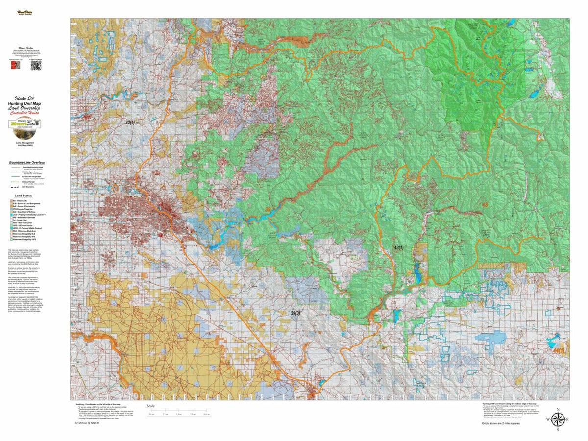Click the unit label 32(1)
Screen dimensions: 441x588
click(130, 122)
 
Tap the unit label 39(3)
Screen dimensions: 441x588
click(295, 313)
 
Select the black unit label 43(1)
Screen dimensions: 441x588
click(399, 248)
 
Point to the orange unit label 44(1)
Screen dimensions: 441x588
click(558, 350)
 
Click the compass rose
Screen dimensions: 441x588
click(558, 419)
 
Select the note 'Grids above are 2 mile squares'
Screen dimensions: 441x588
click(500, 422)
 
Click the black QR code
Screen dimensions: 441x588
click(35, 66)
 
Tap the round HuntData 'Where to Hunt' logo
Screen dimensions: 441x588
click(24, 126)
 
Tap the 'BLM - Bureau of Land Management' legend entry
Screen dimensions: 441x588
click(27, 203)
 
